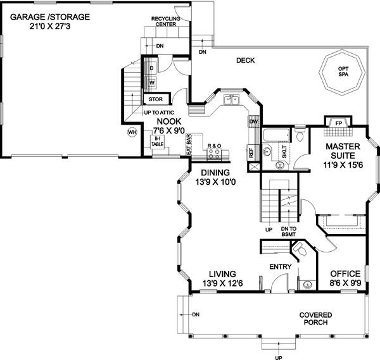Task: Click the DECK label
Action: [245, 61]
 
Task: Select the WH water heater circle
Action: [132, 132]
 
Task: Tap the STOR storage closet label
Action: [155, 99]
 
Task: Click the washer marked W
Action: [152, 82]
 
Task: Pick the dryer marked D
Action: [152, 68]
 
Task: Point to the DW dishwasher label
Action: [253, 121]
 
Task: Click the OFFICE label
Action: [345, 274]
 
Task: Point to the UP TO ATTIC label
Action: [159, 113]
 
